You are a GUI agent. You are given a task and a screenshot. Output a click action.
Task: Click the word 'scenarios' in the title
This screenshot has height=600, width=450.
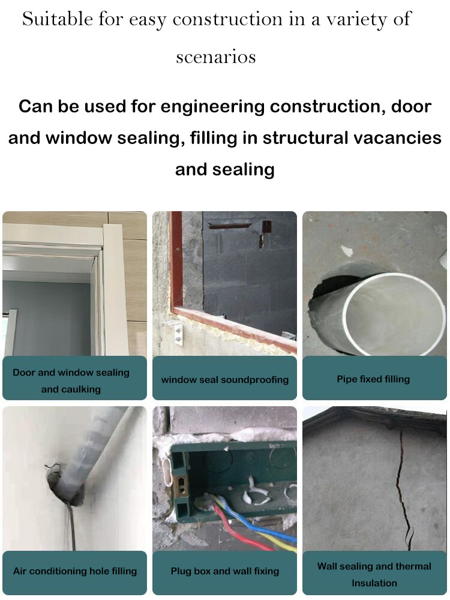click(x=216, y=57)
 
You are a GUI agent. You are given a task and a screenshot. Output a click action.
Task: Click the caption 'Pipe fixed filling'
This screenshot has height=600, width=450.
click(x=373, y=379)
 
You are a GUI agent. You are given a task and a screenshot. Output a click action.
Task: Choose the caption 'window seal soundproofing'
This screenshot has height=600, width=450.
click(x=224, y=380)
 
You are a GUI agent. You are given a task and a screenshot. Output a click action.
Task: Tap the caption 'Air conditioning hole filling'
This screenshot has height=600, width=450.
click(x=75, y=571)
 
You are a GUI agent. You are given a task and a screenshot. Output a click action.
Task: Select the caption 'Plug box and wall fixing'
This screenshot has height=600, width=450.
click(x=224, y=571)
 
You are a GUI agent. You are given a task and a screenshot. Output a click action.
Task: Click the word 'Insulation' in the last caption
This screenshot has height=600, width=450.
click(x=374, y=583)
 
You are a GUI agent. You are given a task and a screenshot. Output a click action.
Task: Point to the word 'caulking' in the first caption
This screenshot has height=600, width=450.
click(x=71, y=389)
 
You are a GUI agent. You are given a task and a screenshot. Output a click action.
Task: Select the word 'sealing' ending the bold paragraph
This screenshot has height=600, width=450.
click(x=245, y=169)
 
